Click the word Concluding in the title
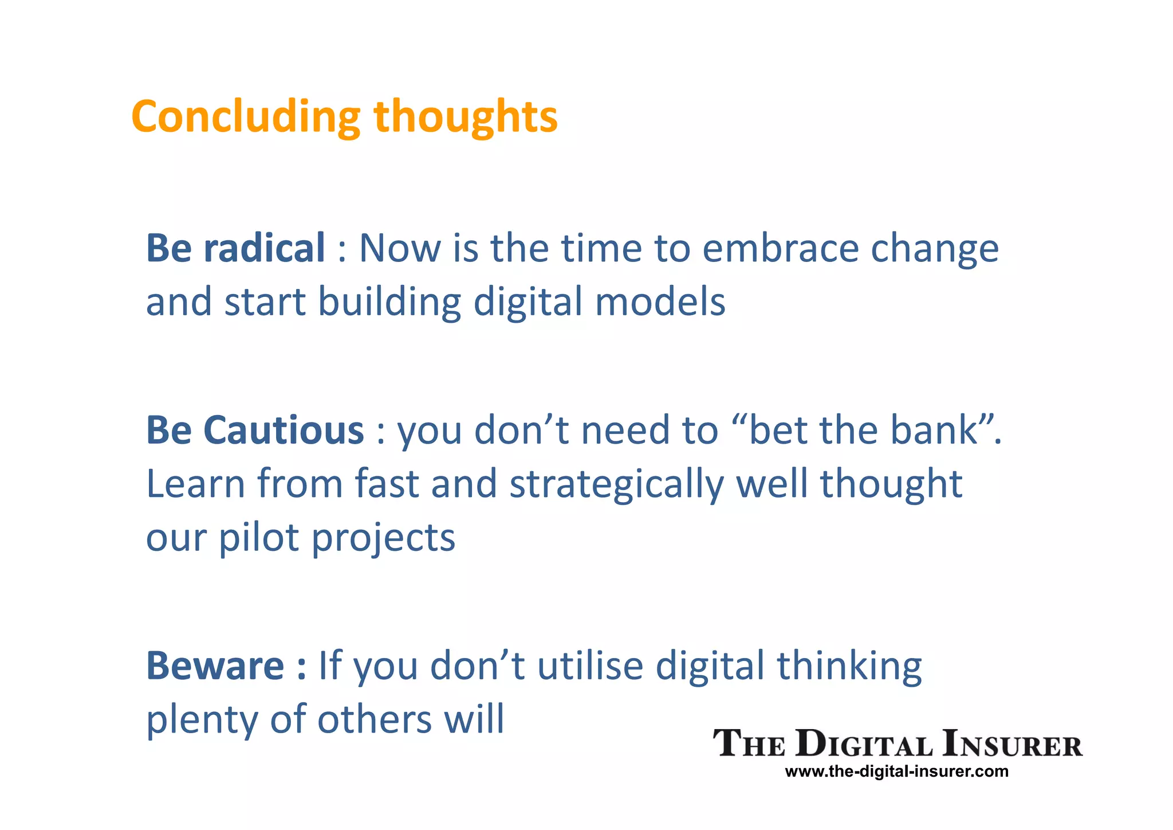coord(245,116)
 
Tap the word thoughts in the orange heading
coord(465,116)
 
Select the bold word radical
coord(264,248)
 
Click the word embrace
coord(780,248)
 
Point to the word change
coord(935,248)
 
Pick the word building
coord(389,302)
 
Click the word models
coord(660,302)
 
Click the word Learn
coord(195,483)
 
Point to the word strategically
coord(616,484)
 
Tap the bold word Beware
coord(215,665)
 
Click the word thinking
coord(849,667)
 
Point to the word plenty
coord(202,720)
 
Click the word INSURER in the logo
coord(1012,745)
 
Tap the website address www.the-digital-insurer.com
coord(896,772)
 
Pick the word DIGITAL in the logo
coord(865,745)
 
